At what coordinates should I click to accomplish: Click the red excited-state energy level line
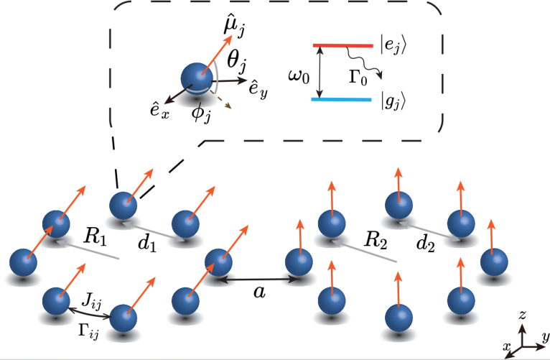coord(342,46)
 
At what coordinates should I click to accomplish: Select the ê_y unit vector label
coord(260,90)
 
